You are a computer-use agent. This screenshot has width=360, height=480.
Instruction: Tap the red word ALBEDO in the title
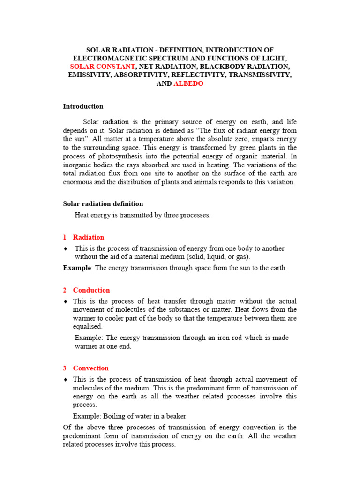(x=189, y=84)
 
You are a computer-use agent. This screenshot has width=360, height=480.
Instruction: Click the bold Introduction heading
(x=83, y=106)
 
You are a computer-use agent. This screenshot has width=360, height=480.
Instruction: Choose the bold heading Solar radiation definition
(x=103, y=204)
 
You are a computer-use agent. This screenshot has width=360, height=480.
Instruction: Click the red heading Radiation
(x=89, y=237)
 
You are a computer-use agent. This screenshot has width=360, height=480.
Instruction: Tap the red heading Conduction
(x=91, y=290)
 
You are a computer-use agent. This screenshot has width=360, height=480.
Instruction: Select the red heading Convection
(x=91, y=368)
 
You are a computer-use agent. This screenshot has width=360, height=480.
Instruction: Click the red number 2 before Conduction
(x=65, y=290)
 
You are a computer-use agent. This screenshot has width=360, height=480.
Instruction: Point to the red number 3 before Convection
(x=65, y=368)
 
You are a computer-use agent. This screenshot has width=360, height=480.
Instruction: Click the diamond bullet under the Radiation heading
(x=66, y=248)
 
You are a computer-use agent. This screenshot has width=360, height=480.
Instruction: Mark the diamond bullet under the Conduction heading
(x=66, y=301)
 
